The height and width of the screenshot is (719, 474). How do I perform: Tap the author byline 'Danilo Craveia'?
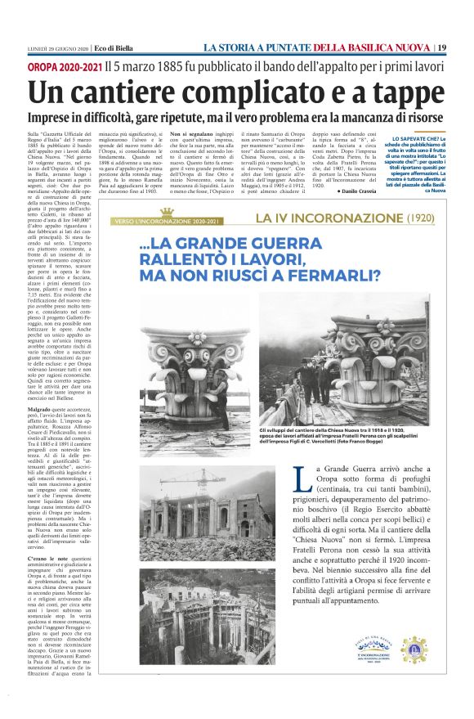coord(342,190)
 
